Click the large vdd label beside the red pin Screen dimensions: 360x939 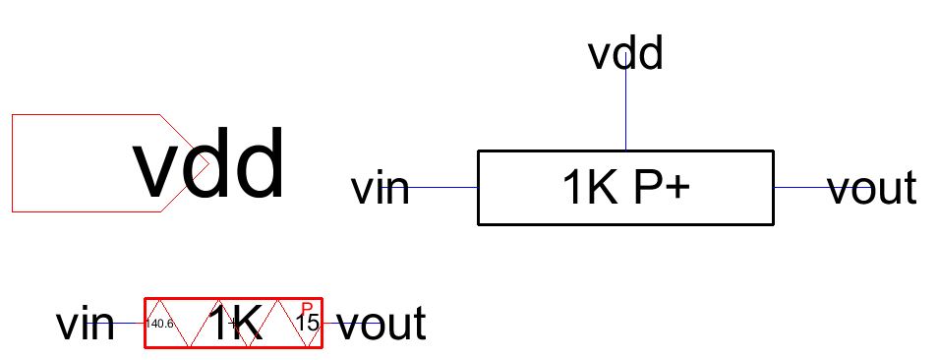tap(209, 167)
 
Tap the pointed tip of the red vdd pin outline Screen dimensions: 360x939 tap(206, 163)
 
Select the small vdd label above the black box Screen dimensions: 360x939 tap(625, 54)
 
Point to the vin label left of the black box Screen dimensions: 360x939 tap(380, 187)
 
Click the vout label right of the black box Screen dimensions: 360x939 tap(872, 187)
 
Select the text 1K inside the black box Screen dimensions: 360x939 tap(585, 188)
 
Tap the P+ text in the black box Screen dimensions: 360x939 tap(656, 188)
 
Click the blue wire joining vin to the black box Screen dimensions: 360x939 tap(442, 187)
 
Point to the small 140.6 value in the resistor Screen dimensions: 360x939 tap(160, 324)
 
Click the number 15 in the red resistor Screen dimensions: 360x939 tap(307, 323)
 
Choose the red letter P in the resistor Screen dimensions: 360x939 tap(307, 308)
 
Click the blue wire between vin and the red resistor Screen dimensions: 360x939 tap(130, 323)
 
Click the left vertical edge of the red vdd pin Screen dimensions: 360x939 tap(12, 163)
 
